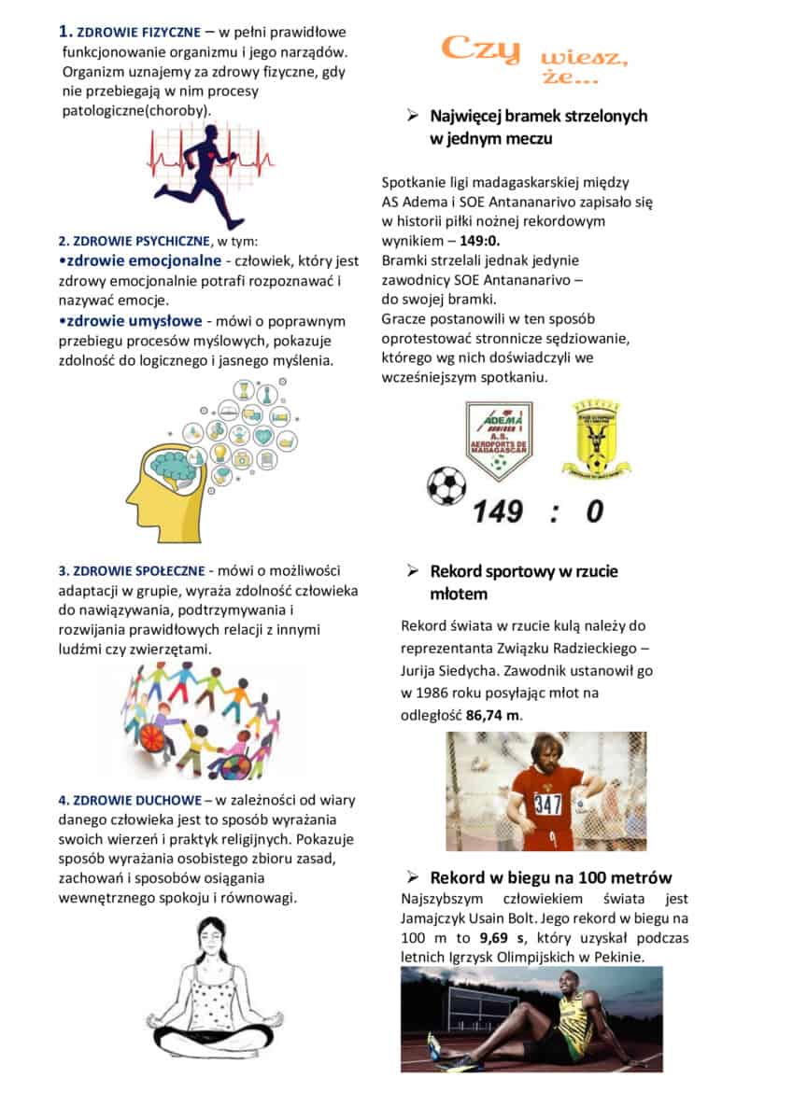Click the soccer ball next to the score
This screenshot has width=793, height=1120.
click(446, 485)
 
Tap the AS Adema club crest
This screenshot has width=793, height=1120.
click(499, 440)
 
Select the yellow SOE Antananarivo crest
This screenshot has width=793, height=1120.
click(596, 439)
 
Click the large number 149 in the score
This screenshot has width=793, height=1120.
click(503, 511)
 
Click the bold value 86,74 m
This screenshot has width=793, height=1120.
click(494, 715)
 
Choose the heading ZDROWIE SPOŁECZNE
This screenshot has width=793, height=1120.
click(136, 571)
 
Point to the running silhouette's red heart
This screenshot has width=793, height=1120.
click(219, 153)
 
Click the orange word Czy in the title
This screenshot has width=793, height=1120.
click(482, 49)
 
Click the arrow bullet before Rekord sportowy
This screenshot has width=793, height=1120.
click(411, 571)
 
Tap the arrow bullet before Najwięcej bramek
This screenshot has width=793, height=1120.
click(411, 116)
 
